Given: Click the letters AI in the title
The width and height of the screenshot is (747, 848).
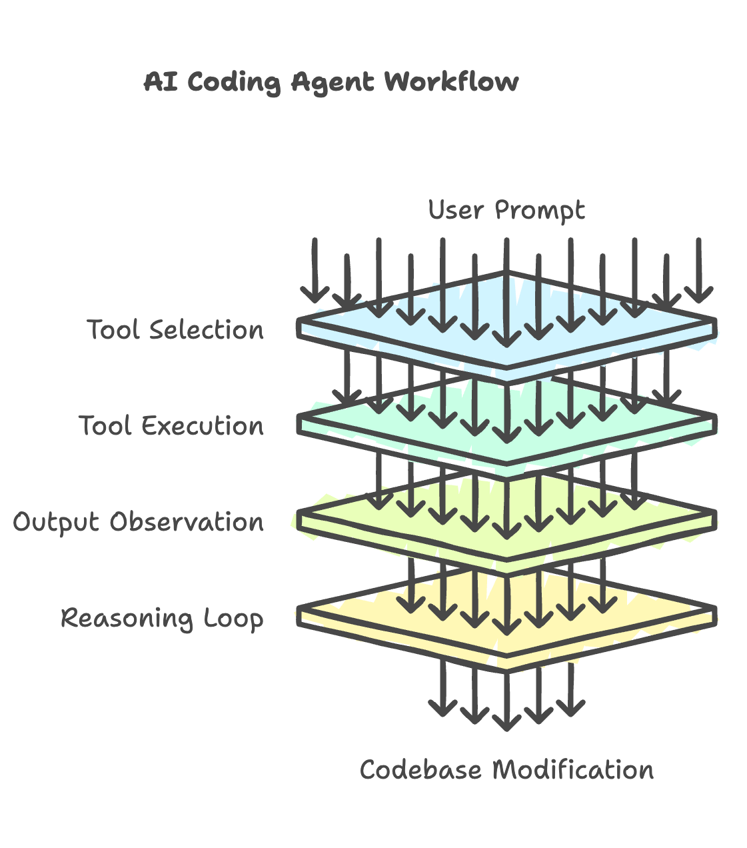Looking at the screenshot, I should point(161,82).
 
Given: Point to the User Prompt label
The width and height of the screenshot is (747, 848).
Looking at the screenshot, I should point(506,210).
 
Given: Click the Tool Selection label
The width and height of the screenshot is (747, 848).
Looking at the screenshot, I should point(175,330).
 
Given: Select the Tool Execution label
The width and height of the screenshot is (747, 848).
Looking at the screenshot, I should point(171,426).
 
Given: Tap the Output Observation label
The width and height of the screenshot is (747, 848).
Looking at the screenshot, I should point(139,522).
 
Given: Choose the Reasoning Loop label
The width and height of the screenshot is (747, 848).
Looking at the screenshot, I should point(162,618).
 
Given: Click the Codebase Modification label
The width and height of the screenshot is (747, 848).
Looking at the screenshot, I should point(506,770).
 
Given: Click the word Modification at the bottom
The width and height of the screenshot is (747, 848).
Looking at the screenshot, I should point(573,770).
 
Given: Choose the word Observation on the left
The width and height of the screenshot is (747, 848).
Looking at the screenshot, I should point(187,522).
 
